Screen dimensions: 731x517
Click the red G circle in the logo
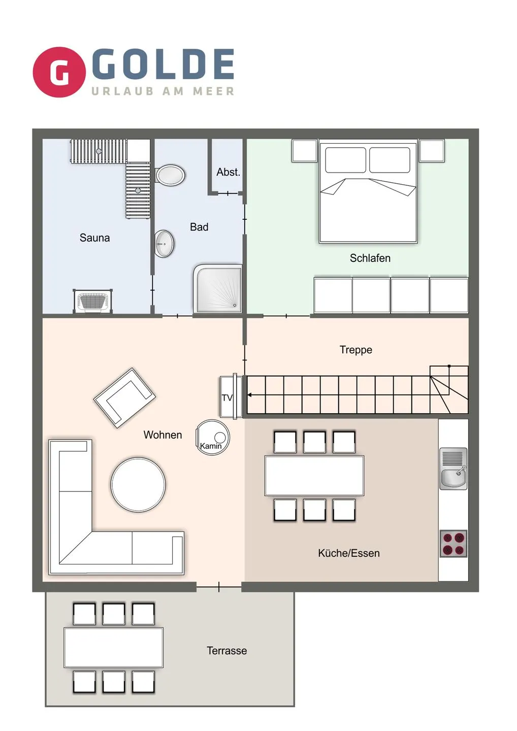tap(59, 72)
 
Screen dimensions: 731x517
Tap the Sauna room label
tap(94, 238)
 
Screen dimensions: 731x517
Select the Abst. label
tap(228, 172)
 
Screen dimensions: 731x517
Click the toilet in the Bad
tap(170, 175)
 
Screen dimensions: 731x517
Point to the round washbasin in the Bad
tap(164, 244)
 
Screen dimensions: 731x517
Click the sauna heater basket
tap(93, 302)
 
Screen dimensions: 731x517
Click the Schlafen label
tap(370, 258)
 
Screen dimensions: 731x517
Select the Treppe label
tap(356, 350)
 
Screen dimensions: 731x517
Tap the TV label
tap(227, 397)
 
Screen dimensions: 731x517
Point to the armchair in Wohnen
tap(124, 397)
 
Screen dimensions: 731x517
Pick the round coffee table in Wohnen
tap(138, 484)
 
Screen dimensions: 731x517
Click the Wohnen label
tap(163, 435)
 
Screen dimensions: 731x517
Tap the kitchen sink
tap(453, 469)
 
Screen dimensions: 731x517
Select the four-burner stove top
tap(453, 544)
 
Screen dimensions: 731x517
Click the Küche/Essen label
tap(349, 553)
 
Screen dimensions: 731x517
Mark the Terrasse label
tap(227, 651)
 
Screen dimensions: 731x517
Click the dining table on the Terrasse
tap(113, 647)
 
